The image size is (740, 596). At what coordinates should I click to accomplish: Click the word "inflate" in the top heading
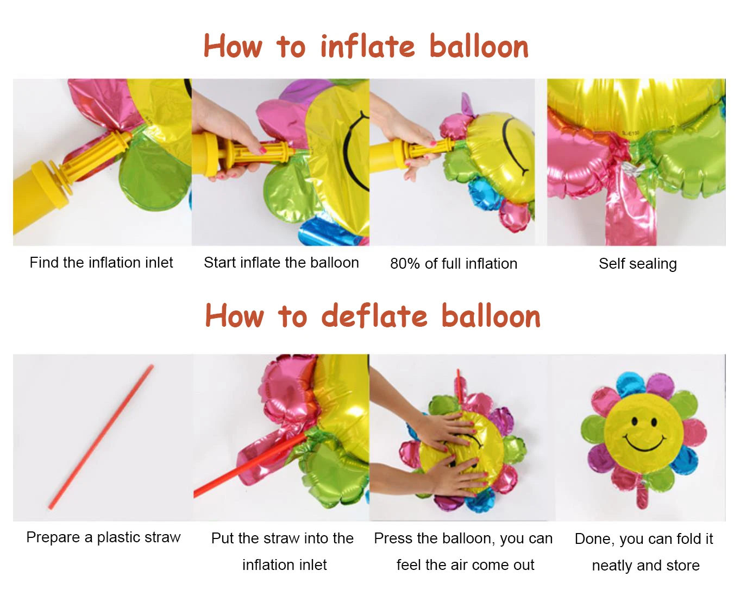[x=367, y=47]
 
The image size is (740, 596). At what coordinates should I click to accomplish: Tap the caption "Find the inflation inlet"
[x=101, y=263]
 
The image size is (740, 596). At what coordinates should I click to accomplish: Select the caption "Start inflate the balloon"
[x=281, y=263]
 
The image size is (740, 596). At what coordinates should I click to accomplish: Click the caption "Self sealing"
[x=637, y=264]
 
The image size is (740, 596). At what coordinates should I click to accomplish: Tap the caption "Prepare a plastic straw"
[x=103, y=537]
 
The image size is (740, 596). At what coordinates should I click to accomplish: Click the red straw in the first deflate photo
[x=101, y=437]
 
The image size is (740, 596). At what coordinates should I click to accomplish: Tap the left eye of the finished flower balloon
[x=634, y=422]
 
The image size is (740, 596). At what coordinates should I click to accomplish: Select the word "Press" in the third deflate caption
[x=393, y=538]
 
